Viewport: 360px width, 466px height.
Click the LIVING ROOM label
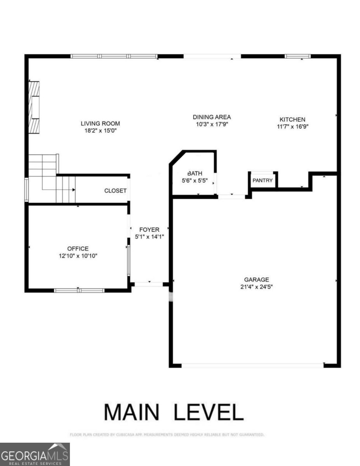(100, 123)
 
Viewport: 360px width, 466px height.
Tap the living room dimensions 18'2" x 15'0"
(100, 131)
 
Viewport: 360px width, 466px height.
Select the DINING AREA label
(212, 117)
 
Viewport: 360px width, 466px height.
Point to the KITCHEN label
(292, 119)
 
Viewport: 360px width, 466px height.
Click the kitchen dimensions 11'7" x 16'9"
(292, 126)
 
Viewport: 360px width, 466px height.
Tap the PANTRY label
(263, 181)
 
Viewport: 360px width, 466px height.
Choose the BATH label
(195, 173)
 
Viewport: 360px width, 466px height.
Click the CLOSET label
(115, 191)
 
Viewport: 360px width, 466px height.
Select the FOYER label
(149, 230)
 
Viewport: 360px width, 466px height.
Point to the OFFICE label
(78, 249)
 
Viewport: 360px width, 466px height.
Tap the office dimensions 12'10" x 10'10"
(78, 256)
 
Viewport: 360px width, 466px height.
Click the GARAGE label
(256, 280)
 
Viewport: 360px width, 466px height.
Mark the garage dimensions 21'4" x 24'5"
(256, 287)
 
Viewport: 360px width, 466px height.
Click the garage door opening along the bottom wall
(252, 365)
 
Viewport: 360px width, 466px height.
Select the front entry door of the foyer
(148, 284)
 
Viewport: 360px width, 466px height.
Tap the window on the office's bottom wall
(79, 290)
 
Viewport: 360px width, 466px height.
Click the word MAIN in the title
(132, 412)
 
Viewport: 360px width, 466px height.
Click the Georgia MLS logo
(35, 454)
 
